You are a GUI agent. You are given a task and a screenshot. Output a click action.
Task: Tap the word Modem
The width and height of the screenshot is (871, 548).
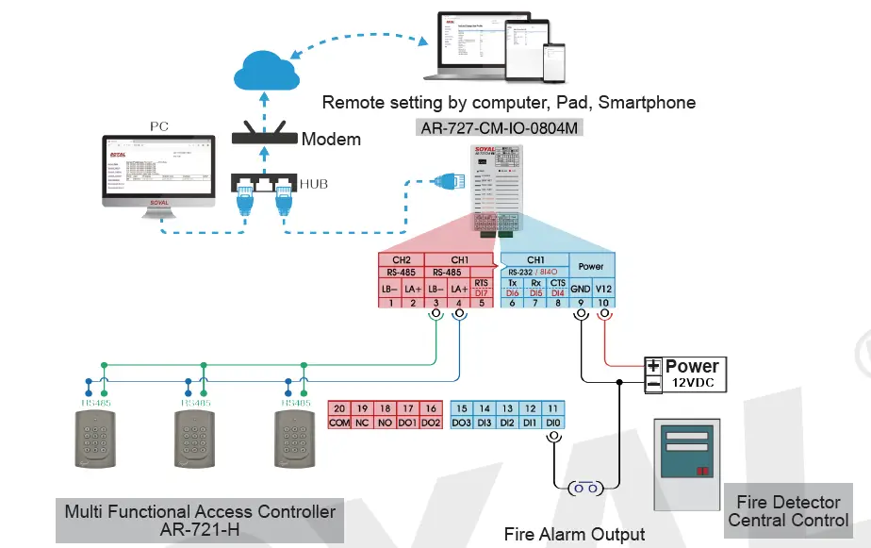pos(331,140)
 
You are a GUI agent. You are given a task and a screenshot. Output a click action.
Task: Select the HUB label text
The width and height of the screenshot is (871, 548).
pos(315,184)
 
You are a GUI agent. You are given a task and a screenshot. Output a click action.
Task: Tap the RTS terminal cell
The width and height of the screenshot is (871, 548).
pos(483,282)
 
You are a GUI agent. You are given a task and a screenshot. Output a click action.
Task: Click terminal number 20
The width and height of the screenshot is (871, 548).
pos(339,408)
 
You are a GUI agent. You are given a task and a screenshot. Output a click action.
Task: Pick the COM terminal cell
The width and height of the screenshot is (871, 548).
pos(339,423)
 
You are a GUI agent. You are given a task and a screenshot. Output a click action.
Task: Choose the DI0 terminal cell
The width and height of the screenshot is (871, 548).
pos(554,423)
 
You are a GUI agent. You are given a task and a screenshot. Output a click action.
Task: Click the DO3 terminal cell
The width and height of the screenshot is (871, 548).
pos(462,423)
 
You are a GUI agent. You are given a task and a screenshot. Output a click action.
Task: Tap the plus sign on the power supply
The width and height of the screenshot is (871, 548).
pos(652,366)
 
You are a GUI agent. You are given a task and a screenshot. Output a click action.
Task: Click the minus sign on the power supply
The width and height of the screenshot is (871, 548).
pos(652,384)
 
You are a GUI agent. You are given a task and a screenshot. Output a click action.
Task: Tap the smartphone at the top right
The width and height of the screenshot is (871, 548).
pos(555,63)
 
